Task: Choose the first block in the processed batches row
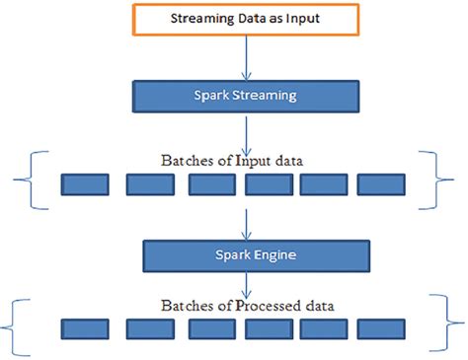[x=85, y=327]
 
